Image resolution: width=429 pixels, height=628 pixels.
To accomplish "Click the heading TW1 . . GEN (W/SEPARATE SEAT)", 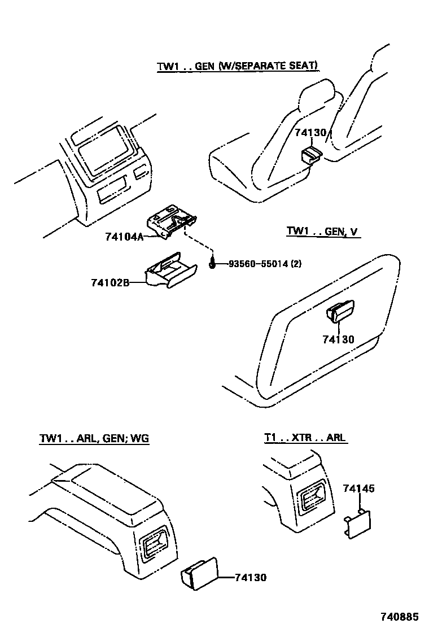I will click(238, 66).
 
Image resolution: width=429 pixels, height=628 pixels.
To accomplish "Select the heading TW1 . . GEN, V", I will click(323, 231).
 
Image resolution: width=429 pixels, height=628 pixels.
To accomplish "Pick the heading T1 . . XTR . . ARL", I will click(305, 438).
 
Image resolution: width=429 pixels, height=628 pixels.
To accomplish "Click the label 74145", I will click(358, 489).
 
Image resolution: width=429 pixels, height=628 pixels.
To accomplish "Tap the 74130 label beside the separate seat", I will click(310, 133).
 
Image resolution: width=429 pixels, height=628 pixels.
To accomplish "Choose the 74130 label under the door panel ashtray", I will click(338, 339).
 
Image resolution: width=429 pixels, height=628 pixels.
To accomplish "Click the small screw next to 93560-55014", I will click(213, 261).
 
